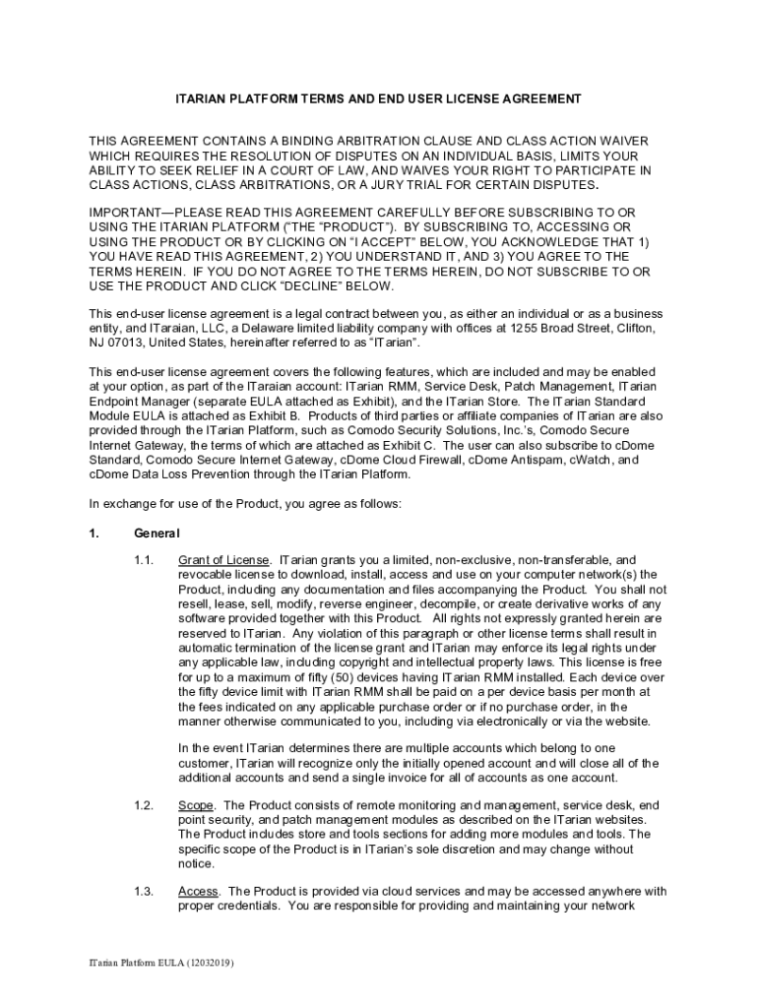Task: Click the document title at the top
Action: click(x=378, y=99)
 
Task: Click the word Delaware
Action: click(x=272, y=328)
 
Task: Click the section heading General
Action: click(x=157, y=533)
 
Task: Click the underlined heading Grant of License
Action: click(x=222, y=560)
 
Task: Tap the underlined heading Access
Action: click(x=199, y=892)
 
